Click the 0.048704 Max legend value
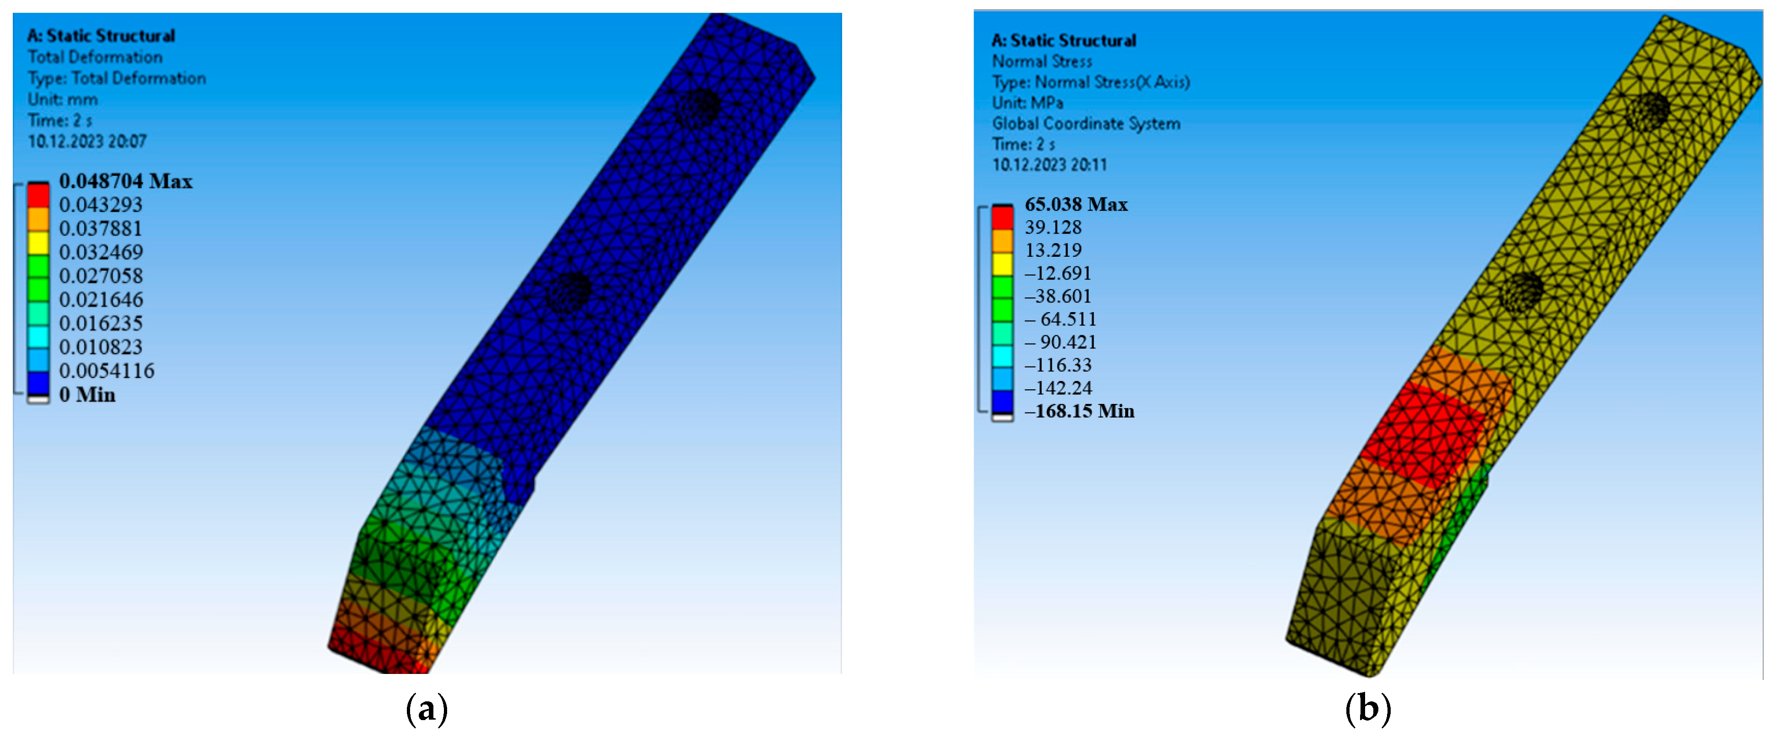pos(126,181)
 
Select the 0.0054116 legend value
pos(107,371)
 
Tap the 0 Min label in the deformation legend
pos(87,395)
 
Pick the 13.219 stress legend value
pos(1053,250)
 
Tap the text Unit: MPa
pos(1028,103)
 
